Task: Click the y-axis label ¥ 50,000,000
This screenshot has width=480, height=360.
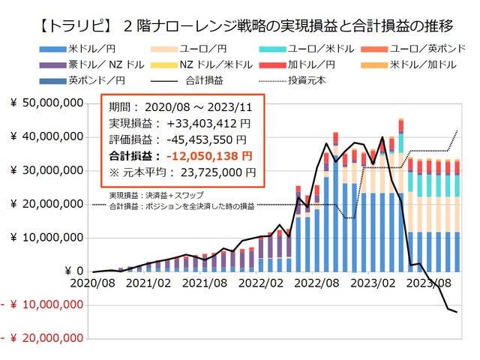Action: [46, 103]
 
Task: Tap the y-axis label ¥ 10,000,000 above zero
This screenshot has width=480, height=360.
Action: [46, 238]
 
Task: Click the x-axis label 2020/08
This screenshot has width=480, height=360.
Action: [93, 285]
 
